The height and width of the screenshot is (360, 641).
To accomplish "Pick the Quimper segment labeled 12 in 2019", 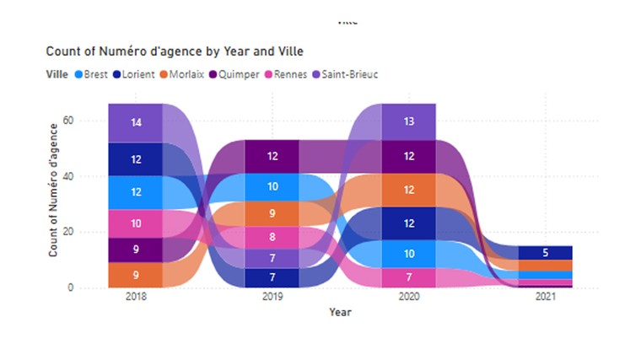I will (272, 156).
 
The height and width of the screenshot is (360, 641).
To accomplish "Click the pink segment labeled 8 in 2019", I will (272, 237).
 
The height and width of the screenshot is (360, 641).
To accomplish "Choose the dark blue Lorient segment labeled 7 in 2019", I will (272, 277).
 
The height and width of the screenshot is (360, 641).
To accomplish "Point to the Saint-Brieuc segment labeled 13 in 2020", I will (408, 121).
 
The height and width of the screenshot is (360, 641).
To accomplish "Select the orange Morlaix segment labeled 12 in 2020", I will (408, 190).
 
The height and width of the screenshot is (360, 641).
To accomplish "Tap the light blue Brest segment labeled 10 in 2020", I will (408, 253).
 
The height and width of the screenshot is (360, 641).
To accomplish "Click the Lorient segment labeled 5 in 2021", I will (545, 252).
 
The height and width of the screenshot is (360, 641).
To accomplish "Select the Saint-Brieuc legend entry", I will (347, 74).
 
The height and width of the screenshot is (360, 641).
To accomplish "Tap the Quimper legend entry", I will (235, 74).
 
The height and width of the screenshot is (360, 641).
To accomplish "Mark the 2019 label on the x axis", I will (272, 297).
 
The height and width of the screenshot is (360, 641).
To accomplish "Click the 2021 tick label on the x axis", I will (545, 297).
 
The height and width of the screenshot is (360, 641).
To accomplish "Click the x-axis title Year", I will (340, 313).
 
